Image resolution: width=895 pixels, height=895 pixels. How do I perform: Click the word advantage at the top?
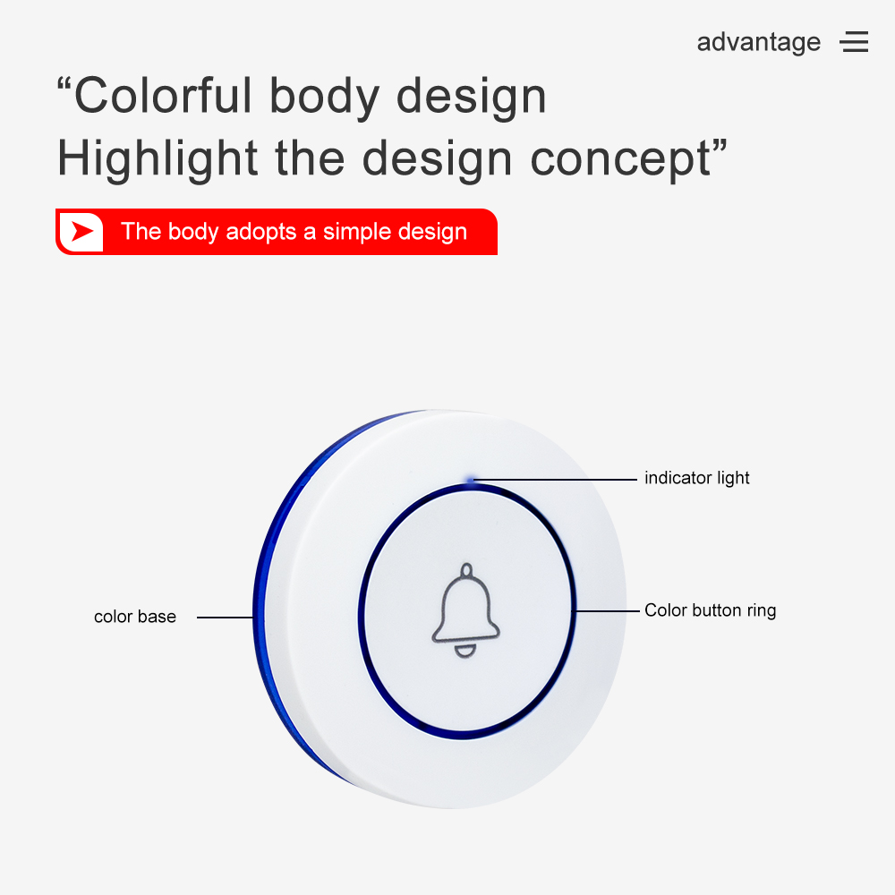tap(759, 42)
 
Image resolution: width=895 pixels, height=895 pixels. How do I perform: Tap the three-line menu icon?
tap(854, 42)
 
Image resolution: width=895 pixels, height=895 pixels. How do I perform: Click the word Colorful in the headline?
tap(163, 96)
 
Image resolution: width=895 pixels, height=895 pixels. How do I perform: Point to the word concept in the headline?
tap(620, 160)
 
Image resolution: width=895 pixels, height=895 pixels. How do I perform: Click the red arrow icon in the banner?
tap(82, 231)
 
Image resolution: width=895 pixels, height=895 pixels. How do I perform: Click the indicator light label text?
tap(696, 478)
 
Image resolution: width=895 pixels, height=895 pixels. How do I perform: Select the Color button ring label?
tap(710, 610)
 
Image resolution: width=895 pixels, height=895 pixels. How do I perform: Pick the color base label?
tap(135, 617)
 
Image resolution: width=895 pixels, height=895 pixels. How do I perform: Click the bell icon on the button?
tap(465, 610)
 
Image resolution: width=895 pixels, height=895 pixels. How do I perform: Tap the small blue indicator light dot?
tap(471, 480)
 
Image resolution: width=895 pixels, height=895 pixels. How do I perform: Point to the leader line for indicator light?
tap(555, 480)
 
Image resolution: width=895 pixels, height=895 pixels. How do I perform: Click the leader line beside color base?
tap(225, 617)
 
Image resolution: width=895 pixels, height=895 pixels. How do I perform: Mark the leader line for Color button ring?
tap(607, 610)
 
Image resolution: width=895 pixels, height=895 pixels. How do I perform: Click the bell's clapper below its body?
tap(465, 652)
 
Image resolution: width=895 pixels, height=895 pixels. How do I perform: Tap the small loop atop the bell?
tap(467, 569)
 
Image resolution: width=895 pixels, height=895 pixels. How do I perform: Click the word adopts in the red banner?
tap(261, 233)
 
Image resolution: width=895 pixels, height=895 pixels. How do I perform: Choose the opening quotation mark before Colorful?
tap(64, 84)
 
